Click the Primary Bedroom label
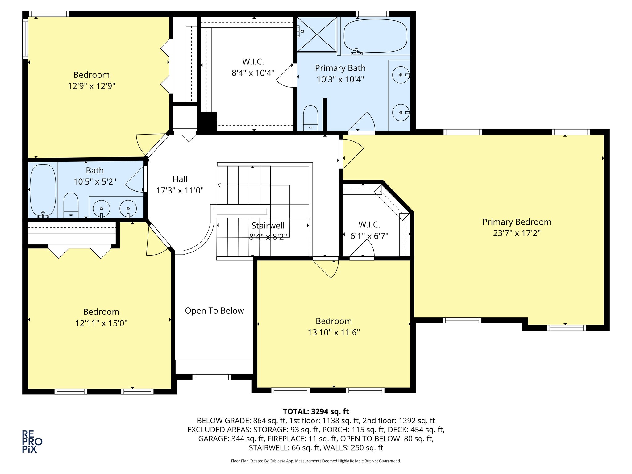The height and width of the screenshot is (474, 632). point(517,222)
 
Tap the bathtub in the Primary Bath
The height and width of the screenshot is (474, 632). point(375,36)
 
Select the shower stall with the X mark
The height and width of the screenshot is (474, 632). point(317,34)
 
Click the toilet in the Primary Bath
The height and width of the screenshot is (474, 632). point(310,118)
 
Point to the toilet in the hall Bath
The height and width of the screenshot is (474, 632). point(71,206)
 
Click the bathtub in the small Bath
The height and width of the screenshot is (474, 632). point(43,190)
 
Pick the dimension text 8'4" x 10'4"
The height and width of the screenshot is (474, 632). point(253,73)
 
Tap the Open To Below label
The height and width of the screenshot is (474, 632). point(214,310)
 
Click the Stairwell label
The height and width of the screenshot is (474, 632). point(268,226)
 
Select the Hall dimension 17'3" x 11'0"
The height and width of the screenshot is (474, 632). point(180,190)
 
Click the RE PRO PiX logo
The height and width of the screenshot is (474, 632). point(32,442)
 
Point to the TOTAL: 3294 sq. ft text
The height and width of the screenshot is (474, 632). point(316,411)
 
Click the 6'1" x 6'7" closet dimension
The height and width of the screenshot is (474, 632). point(369,236)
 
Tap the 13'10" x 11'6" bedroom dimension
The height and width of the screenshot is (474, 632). point(334,332)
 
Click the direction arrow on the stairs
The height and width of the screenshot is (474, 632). point(219,185)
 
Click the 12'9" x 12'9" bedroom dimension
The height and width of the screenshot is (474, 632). point(91,86)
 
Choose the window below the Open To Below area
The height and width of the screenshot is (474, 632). point(212,377)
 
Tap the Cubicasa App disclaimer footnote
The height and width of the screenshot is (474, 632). point(316,461)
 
